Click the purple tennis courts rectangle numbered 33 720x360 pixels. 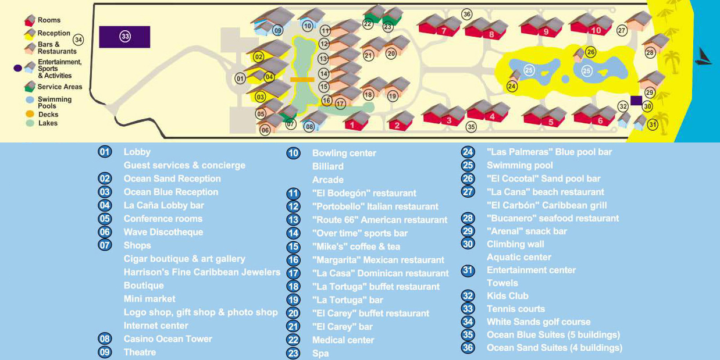[124, 37]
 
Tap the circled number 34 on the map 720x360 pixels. [79, 40]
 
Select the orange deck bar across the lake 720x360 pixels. [302, 79]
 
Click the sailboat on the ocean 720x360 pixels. [704, 57]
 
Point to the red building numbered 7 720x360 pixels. [444, 30]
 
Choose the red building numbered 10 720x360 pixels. [595, 30]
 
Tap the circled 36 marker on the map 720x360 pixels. [466, 14]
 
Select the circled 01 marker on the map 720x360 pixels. [240, 78]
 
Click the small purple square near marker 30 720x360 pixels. [636, 100]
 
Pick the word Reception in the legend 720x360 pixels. [54, 34]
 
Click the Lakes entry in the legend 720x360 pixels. [48, 123]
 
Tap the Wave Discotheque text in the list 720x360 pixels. [163, 232]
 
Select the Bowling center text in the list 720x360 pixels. [344, 154]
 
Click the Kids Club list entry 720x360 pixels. [507, 296]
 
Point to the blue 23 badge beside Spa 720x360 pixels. [293, 353]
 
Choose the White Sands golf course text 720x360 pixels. [538, 322]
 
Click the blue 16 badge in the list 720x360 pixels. [293, 260]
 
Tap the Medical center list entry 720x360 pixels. [343, 340]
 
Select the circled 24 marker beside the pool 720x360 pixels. [512, 86]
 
